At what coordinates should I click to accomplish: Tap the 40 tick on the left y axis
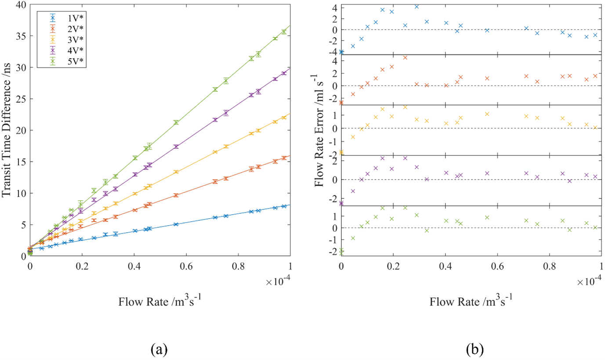pos(21,5)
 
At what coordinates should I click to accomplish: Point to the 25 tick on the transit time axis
pos(21,99)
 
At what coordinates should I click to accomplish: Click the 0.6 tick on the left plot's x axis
pos(186,267)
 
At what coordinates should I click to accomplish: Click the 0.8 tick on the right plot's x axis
pos(550,267)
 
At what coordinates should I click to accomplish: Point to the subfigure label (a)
pos(159,349)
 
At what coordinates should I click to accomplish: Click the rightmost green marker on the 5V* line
pos(284,32)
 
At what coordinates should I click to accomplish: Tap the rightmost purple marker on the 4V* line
pos(284,73)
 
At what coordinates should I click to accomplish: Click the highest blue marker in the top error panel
pos(417,7)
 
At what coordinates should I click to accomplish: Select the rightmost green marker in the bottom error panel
pos(595,227)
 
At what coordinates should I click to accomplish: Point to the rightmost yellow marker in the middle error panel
pos(595,128)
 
